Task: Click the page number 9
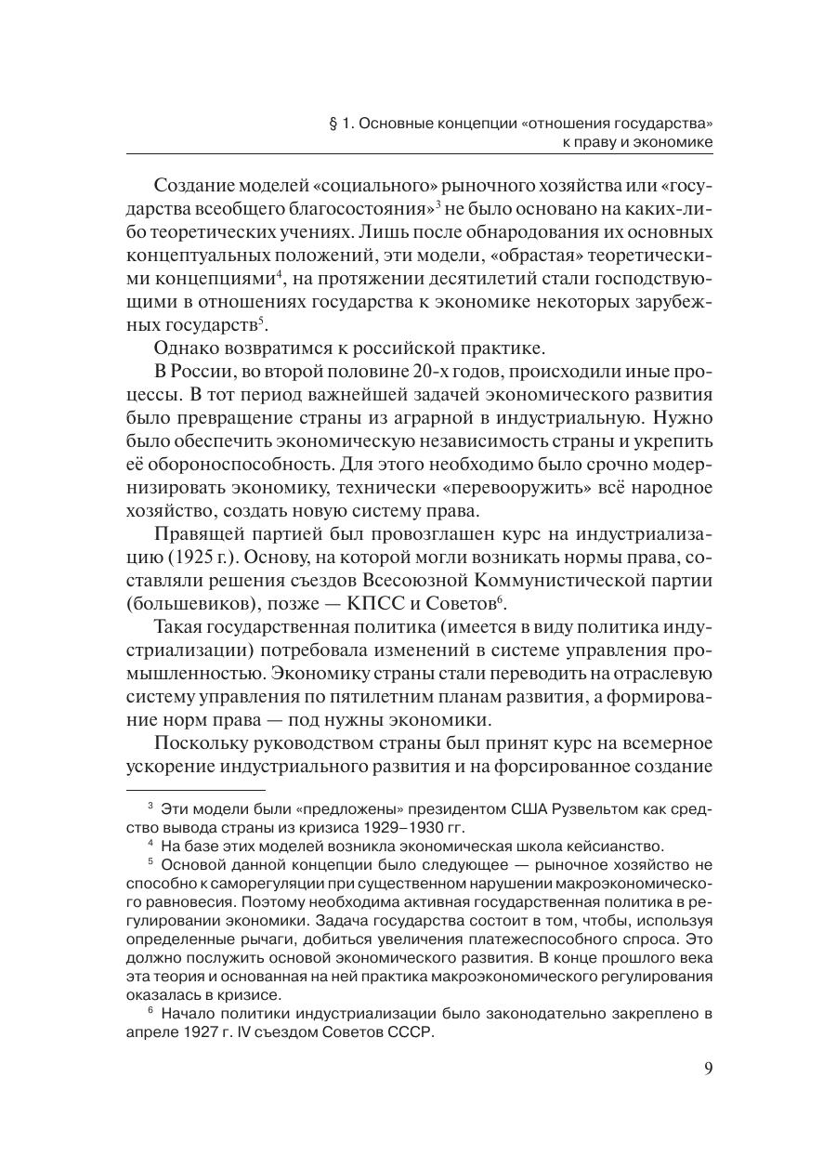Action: point(708,1069)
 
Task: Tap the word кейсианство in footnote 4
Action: point(622,846)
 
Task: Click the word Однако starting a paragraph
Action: point(189,348)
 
